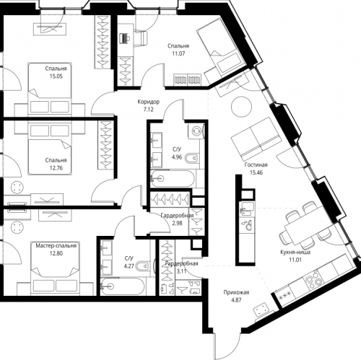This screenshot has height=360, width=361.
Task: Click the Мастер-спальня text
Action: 55,245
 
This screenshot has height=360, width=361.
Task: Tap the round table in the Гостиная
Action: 240,109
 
